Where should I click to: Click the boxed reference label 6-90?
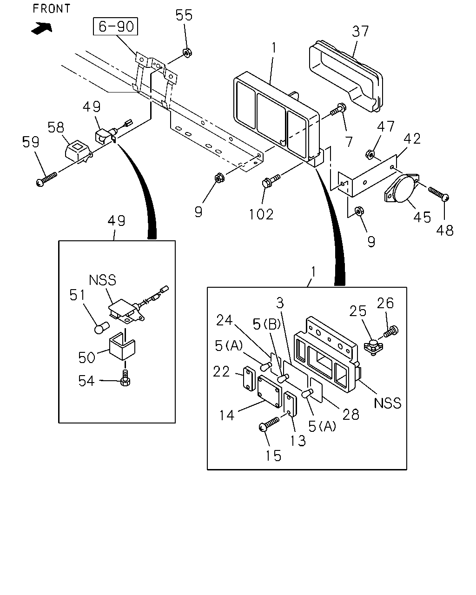[x=115, y=26]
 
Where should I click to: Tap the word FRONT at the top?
[x=52, y=8]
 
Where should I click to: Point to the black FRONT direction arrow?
[x=42, y=28]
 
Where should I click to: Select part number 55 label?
[x=184, y=15]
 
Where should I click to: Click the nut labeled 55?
[x=187, y=52]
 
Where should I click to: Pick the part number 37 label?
[x=360, y=31]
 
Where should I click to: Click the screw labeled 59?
[x=46, y=179]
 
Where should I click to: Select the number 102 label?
[x=261, y=214]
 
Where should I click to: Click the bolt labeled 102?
[x=271, y=180]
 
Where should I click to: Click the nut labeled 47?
[x=370, y=154]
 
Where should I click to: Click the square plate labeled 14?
[x=270, y=391]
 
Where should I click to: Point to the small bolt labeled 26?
[x=391, y=331]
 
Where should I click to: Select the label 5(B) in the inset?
[x=267, y=324]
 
